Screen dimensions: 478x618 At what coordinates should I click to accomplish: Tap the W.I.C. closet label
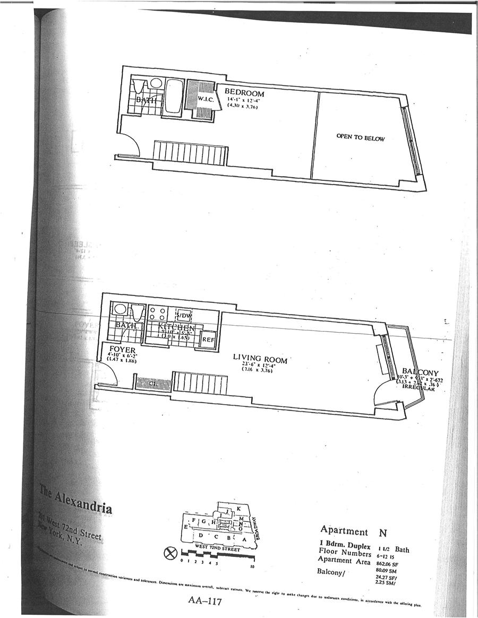[205, 99]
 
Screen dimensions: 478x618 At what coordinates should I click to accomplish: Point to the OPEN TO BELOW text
[360, 138]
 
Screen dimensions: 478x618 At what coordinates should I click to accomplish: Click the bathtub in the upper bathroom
[173, 96]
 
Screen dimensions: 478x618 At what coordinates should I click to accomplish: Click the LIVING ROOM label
[260, 359]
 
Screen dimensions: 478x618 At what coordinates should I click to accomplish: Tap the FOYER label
[122, 350]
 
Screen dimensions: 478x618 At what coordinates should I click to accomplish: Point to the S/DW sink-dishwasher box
[183, 315]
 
